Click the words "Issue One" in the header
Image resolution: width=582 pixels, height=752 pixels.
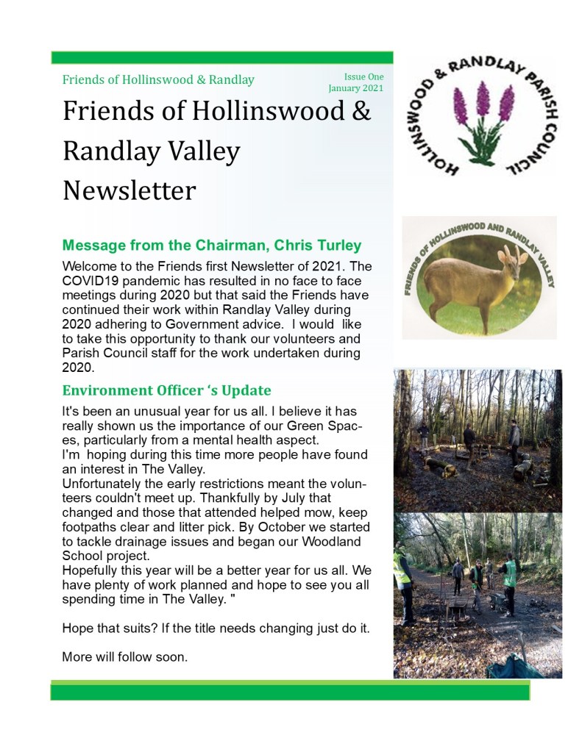[x=363, y=76]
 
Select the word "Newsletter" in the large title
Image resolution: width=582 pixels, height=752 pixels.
[x=129, y=190]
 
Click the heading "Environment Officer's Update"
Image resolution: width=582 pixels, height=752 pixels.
[x=167, y=390]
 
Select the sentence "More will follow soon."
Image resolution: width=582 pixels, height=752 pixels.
[x=125, y=656]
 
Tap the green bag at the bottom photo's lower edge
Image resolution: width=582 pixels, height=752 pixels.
[x=515, y=667]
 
